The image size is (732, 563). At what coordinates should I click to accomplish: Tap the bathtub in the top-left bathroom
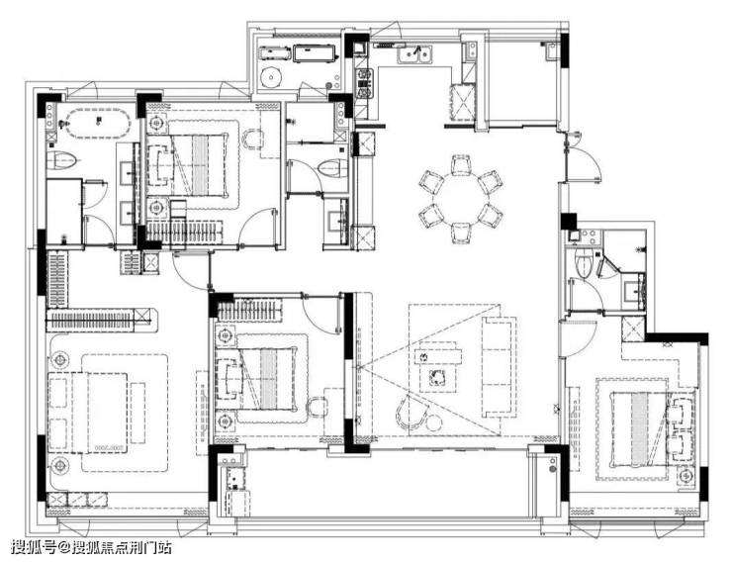point(97,123)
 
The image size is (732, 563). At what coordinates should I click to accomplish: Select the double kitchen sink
point(414,54)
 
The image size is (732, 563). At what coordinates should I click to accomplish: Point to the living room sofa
point(499,367)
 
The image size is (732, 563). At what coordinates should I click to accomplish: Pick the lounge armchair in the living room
point(411,413)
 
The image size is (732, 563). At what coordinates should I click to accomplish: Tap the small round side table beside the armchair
point(434,422)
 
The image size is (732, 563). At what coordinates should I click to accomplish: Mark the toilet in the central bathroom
point(332,168)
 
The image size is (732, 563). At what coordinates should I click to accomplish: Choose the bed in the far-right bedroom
point(639,429)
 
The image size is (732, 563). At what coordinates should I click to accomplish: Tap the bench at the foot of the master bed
point(137,413)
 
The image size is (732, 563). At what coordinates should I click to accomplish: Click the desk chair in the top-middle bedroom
point(252,140)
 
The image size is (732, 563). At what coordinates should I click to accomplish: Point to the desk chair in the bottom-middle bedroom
point(318,407)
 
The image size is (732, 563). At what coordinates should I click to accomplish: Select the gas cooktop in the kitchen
point(364,84)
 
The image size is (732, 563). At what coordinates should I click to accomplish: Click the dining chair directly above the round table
point(461,165)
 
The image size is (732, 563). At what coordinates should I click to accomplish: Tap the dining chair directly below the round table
point(461,232)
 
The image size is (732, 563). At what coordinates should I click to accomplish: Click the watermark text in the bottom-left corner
point(91,546)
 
